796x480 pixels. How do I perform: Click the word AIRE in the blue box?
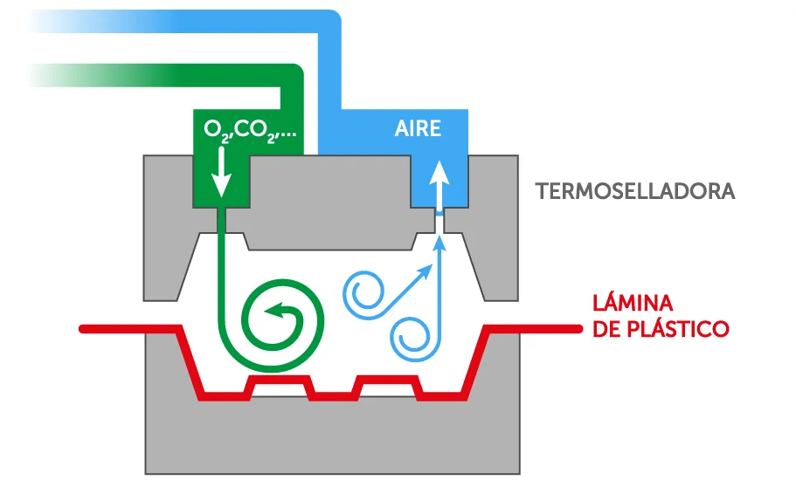[418, 129]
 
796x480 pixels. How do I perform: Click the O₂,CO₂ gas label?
[250, 129]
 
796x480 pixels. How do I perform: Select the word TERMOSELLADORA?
[635, 191]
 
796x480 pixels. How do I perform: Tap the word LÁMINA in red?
[633, 304]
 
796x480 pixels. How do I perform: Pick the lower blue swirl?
[411, 337]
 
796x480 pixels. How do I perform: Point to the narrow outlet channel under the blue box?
[440, 223]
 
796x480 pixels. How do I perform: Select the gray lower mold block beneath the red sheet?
[332, 436]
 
